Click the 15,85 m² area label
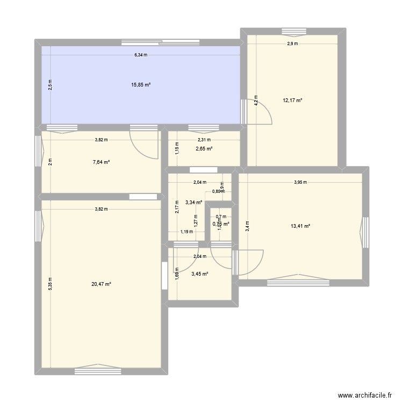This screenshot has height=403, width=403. pyautogui.click(x=141, y=84)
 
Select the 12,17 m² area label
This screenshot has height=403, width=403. pyautogui.click(x=293, y=100)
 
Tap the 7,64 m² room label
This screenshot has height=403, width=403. pyautogui.click(x=102, y=162)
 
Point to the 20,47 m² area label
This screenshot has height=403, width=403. pyautogui.click(x=102, y=284)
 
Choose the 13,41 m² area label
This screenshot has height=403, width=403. pyautogui.click(x=301, y=226)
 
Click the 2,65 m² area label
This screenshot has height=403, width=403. pyautogui.click(x=204, y=149)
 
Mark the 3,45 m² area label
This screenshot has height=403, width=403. pyautogui.click(x=200, y=274)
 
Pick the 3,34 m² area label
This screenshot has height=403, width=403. pyautogui.click(x=193, y=203)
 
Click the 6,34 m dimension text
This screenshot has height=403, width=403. pyautogui.click(x=141, y=55)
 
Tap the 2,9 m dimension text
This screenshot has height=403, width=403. pyautogui.click(x=292, y=44)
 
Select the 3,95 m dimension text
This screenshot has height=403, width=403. pyautogui.click(x=300, y=182)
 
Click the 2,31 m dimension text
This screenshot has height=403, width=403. pyautogui.click(x=204, y=140)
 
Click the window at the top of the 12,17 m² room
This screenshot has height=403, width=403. pyautogui.click(x=293, y=31)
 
